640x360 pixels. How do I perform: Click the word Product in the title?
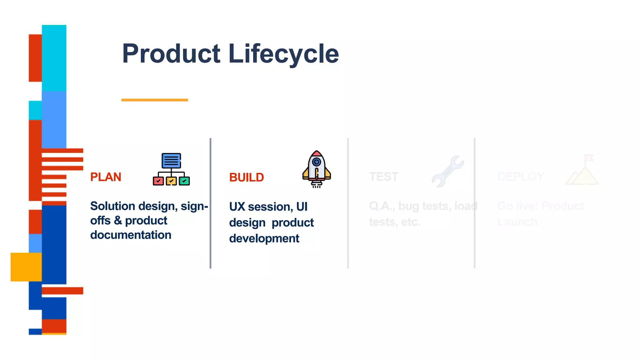click(171, 54)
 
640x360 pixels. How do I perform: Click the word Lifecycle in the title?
click(283, 54)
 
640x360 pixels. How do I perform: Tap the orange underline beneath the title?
click(154, 100)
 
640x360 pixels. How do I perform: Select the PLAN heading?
click(106, 177)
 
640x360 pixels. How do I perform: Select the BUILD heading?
click(246, 177)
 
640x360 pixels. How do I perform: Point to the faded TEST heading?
click(383, 177)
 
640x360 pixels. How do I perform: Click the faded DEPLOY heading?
click(521, 177)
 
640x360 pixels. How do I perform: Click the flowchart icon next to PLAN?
click(171, 169)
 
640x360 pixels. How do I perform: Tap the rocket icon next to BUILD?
click(316, 169)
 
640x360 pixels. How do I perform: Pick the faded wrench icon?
click(447, 171)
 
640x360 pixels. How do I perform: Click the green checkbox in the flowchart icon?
click(184, 181)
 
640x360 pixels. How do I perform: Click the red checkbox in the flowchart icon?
click(158, 181)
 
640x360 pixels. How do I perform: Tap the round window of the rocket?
click(316, 162)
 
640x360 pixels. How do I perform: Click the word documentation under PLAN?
click(131, 235)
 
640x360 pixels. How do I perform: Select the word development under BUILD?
click(264, 238)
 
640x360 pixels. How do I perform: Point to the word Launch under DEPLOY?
click(517, 222)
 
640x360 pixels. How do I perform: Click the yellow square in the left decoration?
click(26, 267)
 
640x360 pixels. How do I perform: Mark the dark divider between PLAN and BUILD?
click(210, 203)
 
